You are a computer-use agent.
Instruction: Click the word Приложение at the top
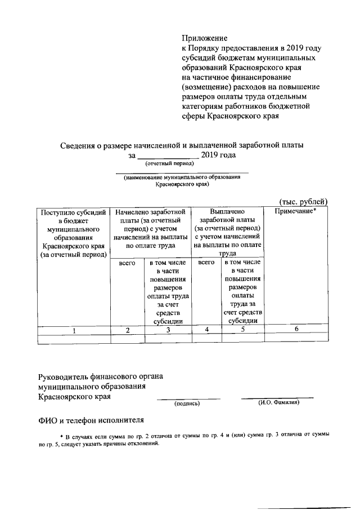tap(204, 38)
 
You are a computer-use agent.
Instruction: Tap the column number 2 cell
tap(128, 330)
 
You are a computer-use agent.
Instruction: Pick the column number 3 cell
tap(168, 330)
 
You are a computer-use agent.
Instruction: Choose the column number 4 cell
tap(206, 330)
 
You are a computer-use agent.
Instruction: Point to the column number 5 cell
tap(242, 330)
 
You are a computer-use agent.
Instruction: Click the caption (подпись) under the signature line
tap(187, 403)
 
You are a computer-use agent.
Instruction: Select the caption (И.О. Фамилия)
tap(278, 403)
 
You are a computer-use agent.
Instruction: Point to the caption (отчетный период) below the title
tap(169, 164)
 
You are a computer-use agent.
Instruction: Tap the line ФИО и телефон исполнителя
tap(91, 420)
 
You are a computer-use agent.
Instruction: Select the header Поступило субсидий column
tap(73, 233)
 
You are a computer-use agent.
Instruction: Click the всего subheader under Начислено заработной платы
tap(128, 263)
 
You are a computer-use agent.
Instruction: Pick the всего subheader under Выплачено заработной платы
tap(206, 263)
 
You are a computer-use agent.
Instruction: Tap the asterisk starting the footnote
tap(62, 436)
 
